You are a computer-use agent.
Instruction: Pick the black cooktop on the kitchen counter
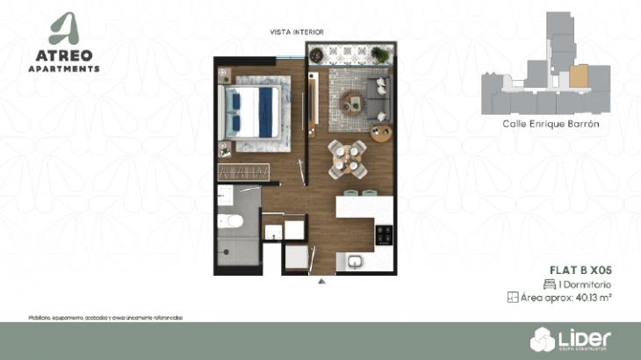coord(384,235)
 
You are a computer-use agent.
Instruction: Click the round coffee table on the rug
coord(351,102)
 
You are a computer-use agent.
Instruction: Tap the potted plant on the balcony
coord(379,54)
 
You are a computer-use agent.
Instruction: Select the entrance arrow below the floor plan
coord(322,282)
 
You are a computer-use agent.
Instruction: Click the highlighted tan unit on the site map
coord(578,76)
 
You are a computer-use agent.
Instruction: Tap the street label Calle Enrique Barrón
coord(551,125)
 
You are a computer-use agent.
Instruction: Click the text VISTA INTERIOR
coord(298,32)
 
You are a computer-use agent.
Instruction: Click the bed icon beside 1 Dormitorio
coord(549,284)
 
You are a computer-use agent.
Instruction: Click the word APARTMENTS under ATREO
coord(64,68)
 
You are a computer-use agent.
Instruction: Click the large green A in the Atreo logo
coord(64,29)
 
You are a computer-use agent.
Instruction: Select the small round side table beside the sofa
coord(380,134)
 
